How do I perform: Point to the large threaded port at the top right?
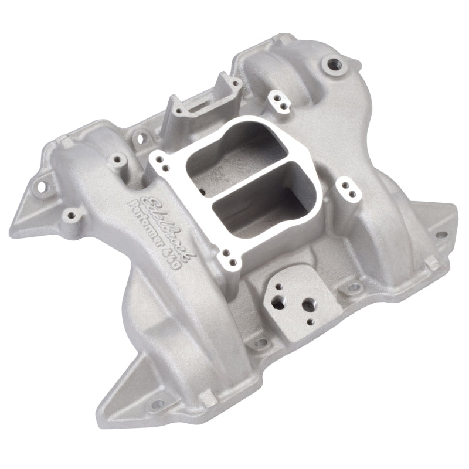tap(334, 63)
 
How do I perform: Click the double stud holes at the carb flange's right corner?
tap(348, 188)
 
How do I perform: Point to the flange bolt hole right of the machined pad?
tap(355, 288)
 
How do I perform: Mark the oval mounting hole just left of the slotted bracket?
tap(140, 138)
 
